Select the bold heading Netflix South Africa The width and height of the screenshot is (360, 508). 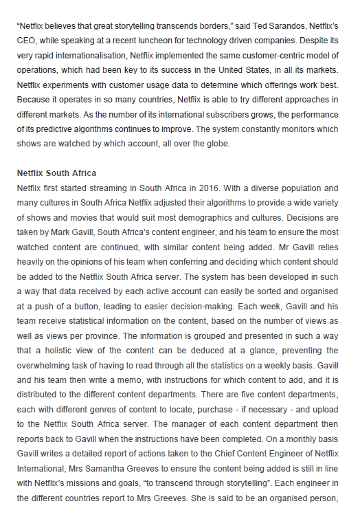click(56, 173)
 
